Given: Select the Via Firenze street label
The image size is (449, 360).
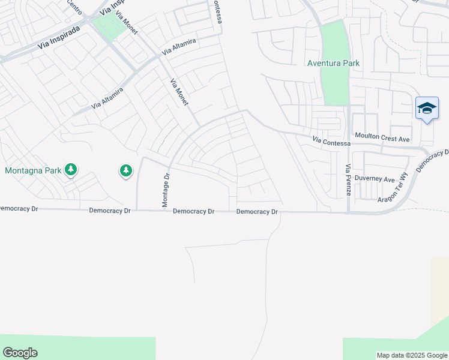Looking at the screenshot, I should (348, 179).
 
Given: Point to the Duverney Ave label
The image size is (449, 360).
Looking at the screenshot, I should (374, 179).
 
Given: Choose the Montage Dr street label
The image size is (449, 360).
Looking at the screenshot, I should (167, 190).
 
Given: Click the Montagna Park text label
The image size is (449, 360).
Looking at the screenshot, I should (33, 170).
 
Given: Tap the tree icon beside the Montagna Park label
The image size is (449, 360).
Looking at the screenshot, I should (71, 170).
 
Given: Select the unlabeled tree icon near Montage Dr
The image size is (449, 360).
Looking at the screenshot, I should (125, 172).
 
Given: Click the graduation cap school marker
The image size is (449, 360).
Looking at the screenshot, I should (427, 108).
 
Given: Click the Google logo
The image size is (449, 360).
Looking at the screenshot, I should (20, 353).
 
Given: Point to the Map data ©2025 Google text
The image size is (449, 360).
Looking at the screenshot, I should (412, 355).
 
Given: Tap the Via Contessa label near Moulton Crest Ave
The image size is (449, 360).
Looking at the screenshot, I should (331, 142).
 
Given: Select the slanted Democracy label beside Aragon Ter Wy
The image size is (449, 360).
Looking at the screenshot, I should (432, 161).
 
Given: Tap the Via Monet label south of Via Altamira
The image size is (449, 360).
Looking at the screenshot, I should (179, 92).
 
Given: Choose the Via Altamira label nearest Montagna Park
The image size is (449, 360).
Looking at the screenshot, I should (107, 98).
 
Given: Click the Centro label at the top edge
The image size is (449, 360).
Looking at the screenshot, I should (74, 6).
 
